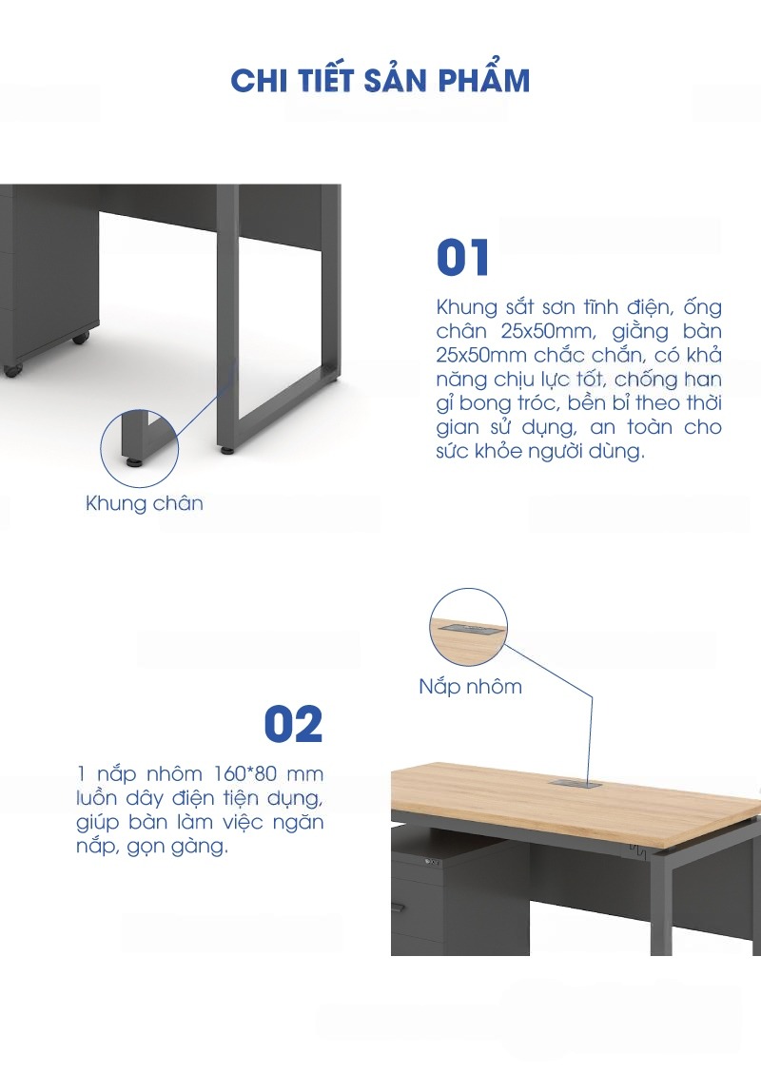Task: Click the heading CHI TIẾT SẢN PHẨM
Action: [x=380, y=79]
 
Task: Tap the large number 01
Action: [x=463, y=258]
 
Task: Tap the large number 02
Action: [x=293, y=725]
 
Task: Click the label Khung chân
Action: [x=145, y=503]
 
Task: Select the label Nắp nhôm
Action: [x=471, y=686]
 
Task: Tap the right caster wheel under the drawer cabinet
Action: [x=81, y=338]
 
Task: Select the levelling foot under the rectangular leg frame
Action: [x=226, y=450]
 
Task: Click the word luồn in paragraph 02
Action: [x=97, y=798]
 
